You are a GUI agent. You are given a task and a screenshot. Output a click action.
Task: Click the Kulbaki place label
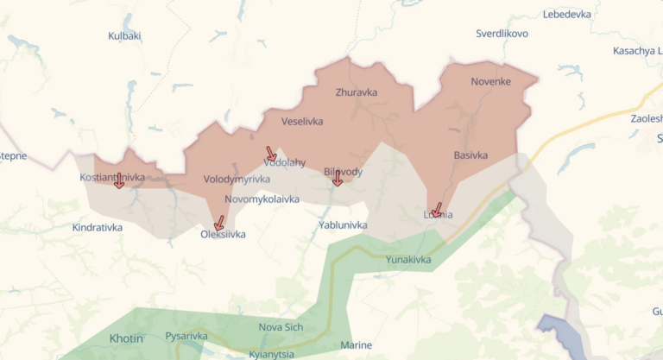[124, 36]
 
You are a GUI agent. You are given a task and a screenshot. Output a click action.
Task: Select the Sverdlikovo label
[502, 34]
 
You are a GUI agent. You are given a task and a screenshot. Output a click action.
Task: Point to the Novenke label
[490, 82]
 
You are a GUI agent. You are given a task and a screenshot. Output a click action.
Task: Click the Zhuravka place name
[356, 92]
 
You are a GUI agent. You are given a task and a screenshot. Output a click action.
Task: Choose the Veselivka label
[302, 122]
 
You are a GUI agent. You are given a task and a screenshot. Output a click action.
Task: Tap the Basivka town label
[470, 155]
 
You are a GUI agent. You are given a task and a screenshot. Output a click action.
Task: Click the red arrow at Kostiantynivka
[119, 180]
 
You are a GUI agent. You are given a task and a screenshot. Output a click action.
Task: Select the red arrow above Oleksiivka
[218, 223]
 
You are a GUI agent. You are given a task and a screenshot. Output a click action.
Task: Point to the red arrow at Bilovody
[337, 178]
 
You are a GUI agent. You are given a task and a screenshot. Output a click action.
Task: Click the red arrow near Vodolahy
[272, 155]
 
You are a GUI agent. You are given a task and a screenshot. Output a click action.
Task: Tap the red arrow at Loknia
[437, 210]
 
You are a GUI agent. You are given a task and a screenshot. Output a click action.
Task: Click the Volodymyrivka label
[237, 180]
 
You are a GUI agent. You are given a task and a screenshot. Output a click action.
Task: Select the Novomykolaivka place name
[262, 199]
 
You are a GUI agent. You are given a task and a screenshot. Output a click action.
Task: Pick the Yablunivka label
[343, 225]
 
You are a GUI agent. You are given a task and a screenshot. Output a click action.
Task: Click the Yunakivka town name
[408, 259]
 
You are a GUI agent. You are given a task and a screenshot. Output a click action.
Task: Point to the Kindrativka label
[98, 228]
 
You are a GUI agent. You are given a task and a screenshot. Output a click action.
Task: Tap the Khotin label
[126, 338]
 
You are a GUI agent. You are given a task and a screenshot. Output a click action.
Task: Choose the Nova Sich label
[281, 327]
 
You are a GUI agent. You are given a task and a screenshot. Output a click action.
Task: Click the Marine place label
[356, 345]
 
